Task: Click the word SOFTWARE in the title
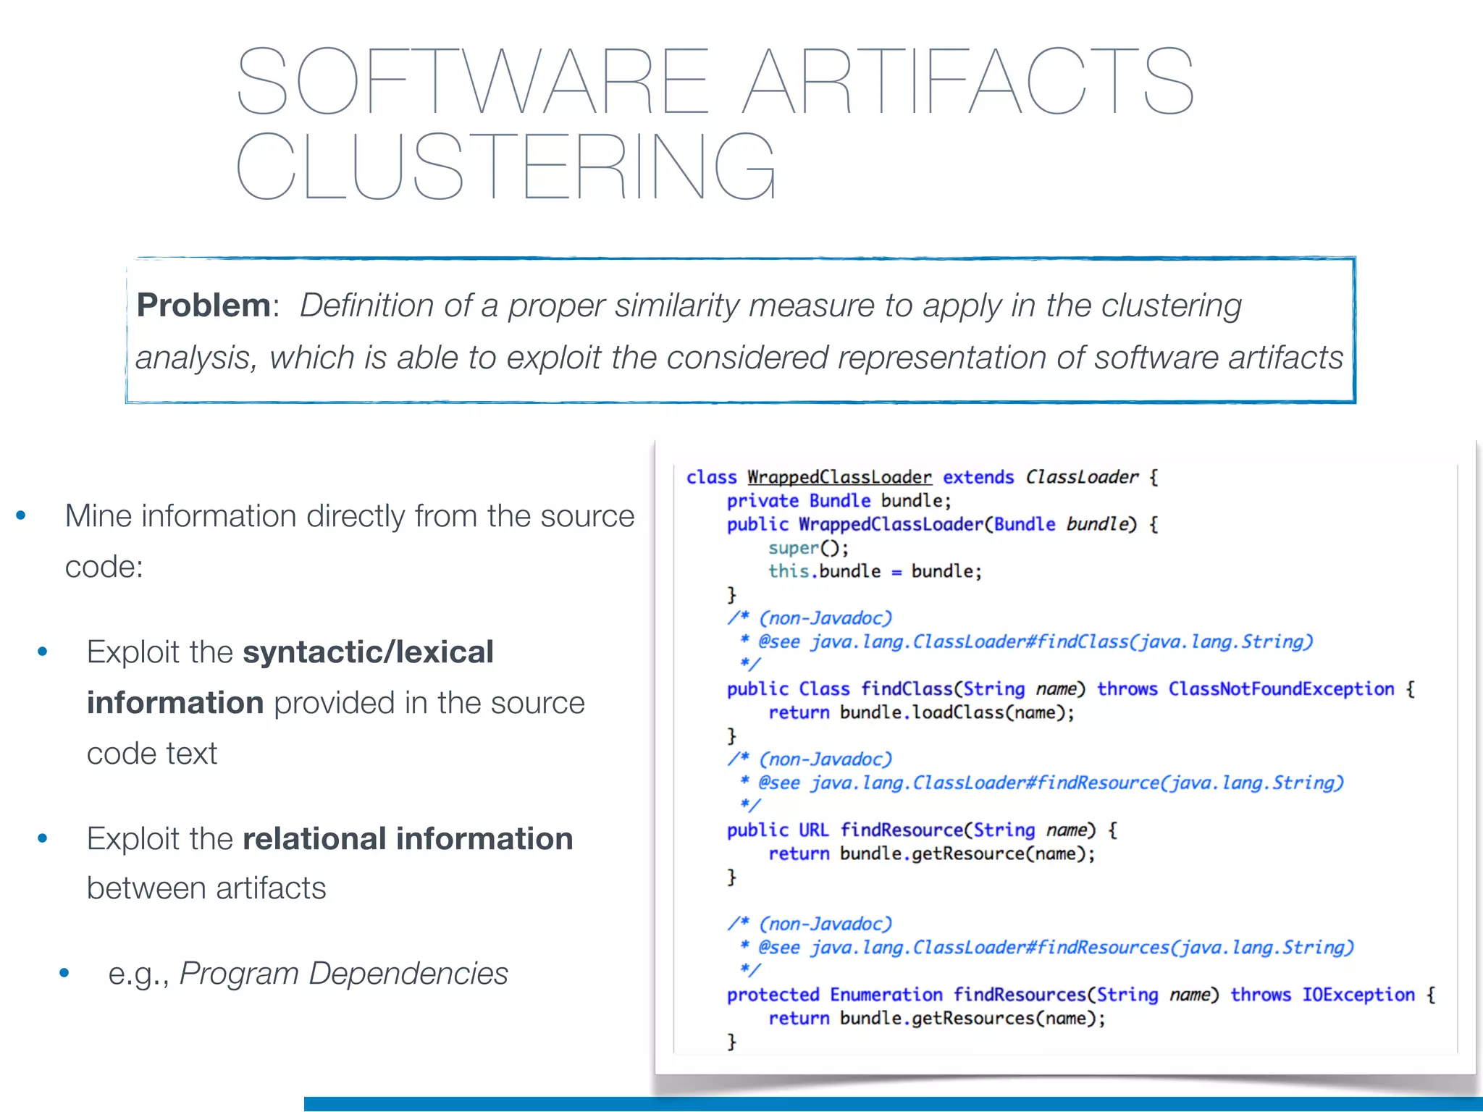pyautogui.click(x=471, y=81)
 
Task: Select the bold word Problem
pyautogui.click(x=203, y=306)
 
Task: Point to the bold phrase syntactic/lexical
pyautogui.click(x=368, y=652)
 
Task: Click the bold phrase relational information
pyautogui.click(x=408, y=839)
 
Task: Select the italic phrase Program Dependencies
pyautogui.click(x=344, y=974)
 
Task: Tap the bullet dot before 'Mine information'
pyautogui.click(x=21, y=516)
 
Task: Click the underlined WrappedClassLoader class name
pyautogui.click(x=839, y=477)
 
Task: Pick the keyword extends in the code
pyautogui.click(x=978, y=477)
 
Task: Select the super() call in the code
pyautogui.click(x=808, y=548)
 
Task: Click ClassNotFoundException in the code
pyautogui.click(x=1281, y=689)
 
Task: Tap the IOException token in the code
pyautogui.click(x=1358, y=995)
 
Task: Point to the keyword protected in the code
pyautogui.click(x=773, y=995)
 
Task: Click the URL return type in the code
pyautogui.click(x=813, y=830)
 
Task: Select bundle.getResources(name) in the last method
pyautogui.click(x=972, y=1019)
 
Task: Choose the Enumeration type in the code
pyautogui.click(x=886, y=995)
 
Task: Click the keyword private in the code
pyautogui.click(x=762, y=501)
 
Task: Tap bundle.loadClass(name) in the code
pyautogui.click(x=956, y=713)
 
